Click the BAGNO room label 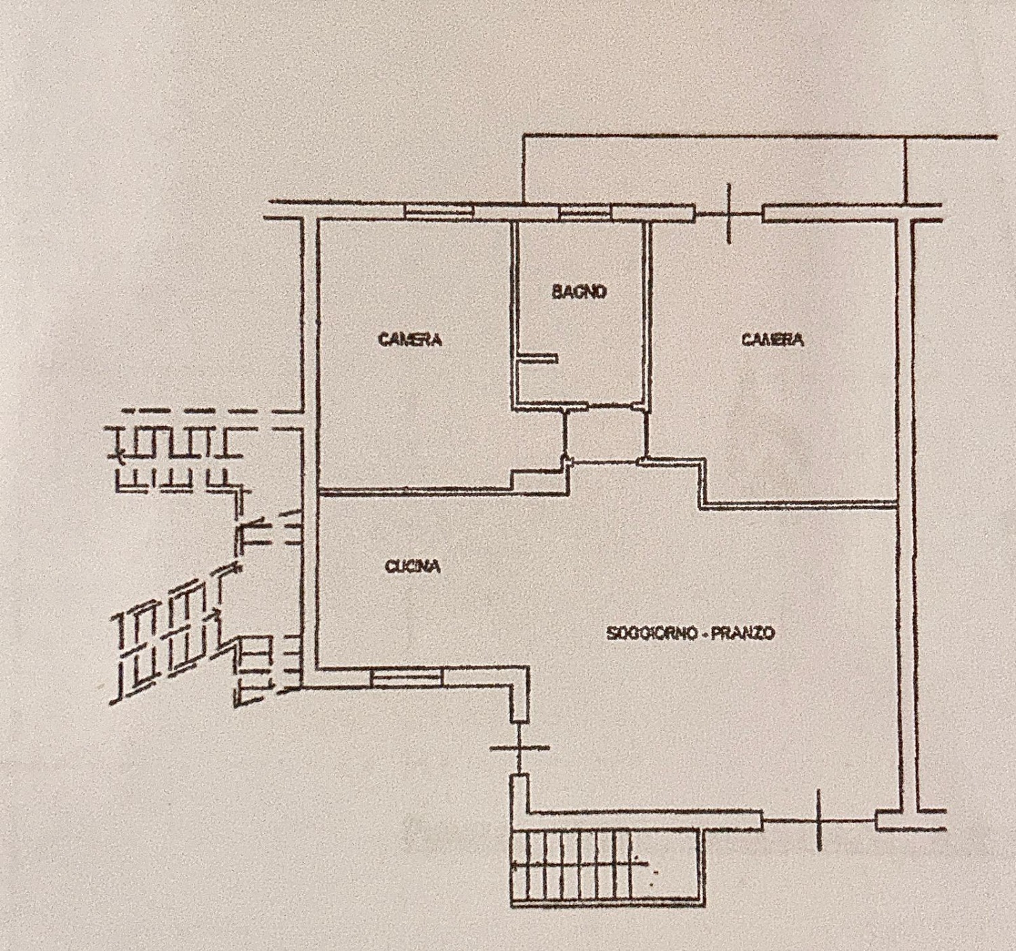(580, 292)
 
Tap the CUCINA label (413, 567)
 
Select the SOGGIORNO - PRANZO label (691, 633)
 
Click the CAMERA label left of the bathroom (410, 339)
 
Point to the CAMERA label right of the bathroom (773, 339)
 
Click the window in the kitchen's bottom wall (406, 677)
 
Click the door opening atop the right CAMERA (729, 213)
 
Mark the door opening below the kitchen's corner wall (520, 748)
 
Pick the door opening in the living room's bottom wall (818, 820)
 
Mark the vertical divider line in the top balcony (905, 171)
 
